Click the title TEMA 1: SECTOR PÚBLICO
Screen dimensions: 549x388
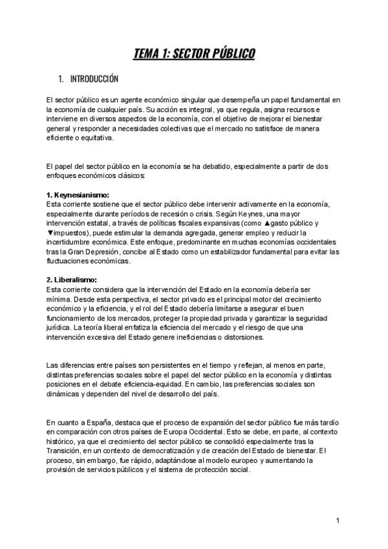(194, 53)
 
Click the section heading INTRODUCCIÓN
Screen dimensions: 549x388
(94, 79)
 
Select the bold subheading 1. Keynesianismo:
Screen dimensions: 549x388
(78, 196)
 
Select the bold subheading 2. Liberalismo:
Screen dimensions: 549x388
(72, 280)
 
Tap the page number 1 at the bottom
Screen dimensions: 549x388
(338, 521)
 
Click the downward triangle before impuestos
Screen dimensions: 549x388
(49, 233)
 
